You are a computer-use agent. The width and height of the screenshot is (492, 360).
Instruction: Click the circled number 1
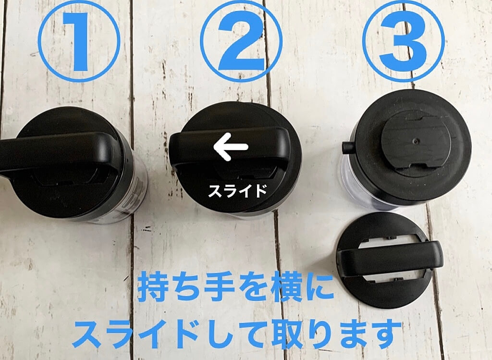[79, 41]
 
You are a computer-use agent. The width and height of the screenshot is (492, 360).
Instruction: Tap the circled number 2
[241, 41]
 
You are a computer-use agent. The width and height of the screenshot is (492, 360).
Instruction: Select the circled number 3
[404, 41]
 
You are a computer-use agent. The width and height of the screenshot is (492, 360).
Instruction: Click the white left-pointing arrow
[231, 147]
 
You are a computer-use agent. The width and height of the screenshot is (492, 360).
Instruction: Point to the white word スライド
[237, 190]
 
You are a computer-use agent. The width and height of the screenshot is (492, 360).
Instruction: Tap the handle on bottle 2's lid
[229, 148]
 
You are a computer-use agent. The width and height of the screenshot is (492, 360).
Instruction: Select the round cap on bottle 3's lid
[417, 143]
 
